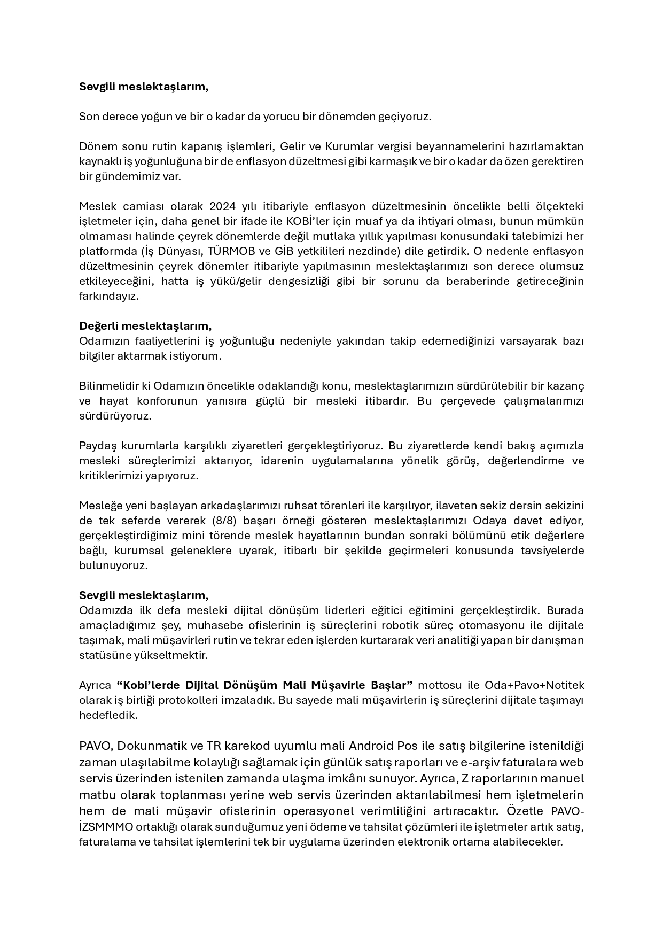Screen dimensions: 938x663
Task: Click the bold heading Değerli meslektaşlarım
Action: pyautogui.click(x=145, y=326)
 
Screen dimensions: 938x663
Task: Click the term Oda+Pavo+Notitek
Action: pyautogui.click(x=534, y=685)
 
